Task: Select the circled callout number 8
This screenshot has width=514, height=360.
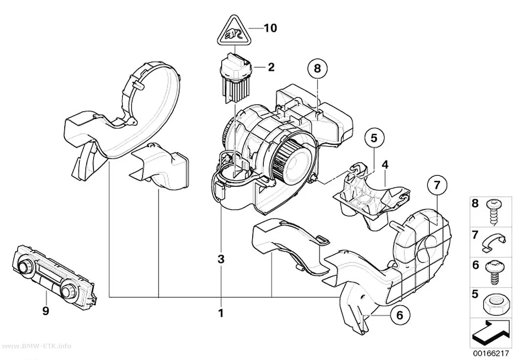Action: click(317, 69)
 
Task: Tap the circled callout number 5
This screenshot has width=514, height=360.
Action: click(374, 138)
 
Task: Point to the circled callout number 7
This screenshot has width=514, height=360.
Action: click(437, 186)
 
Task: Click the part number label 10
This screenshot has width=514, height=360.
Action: click(270, 28)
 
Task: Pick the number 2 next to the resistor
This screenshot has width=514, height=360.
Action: click(271, 67)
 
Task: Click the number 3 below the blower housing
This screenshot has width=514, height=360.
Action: click(221, 259)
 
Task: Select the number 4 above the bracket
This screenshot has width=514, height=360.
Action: click(385, 165)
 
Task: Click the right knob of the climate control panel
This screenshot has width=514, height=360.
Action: click(68, 290)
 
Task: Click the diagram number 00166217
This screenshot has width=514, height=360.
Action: click(491, 354)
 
